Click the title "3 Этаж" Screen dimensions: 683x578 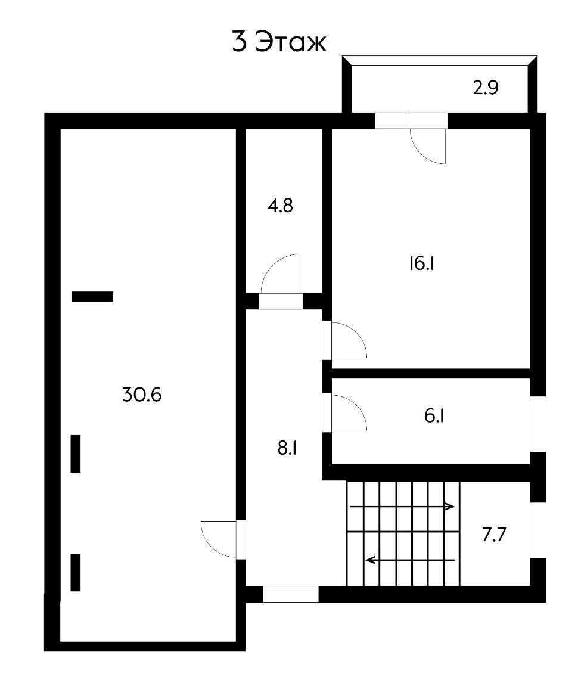(x=279, y=42)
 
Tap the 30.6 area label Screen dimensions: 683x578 (x=142, y=395)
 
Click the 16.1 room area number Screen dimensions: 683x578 (x=421, y=263)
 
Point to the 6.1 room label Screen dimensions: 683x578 (x=434, y=415)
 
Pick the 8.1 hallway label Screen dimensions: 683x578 (x=287, y=448)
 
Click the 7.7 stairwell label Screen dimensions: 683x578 (x=494, y=535)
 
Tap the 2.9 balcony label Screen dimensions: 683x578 (x=486, y=88)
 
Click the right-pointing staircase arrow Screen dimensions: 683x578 (x=402, y=507)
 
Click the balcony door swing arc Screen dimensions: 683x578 (x=427, y=147)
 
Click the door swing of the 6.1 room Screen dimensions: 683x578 (x=349, y=412)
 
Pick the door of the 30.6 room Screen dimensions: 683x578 (x=219, y=539)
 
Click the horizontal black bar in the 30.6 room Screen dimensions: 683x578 (x=92, y=296)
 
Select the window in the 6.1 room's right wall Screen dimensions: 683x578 (x=538, y=424)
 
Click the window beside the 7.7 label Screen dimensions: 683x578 (x=538, y=530)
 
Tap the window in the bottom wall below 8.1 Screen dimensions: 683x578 (x=291, y=594)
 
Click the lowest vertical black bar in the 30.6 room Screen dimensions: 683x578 (x=76, y=572)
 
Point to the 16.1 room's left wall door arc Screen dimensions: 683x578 (x=349, y=340)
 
